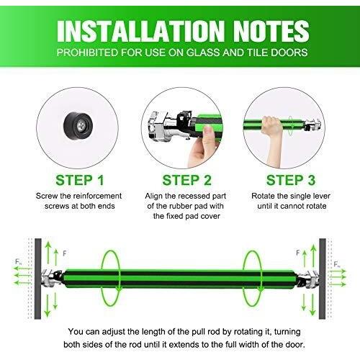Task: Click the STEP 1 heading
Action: (x=80, y=180)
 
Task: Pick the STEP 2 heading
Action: (x=186, y=180)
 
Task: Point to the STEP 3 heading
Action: (x=291, y=180)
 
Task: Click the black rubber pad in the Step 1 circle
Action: (x=78, y=125)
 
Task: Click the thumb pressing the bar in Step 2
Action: (x=208, y=132)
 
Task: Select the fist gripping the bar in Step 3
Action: (x=271, y=125)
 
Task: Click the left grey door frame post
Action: (x=38, y=279)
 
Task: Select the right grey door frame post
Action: (x=323, y=279)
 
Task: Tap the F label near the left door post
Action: (x=65, y=253)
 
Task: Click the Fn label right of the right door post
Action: (x=337, y=264)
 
